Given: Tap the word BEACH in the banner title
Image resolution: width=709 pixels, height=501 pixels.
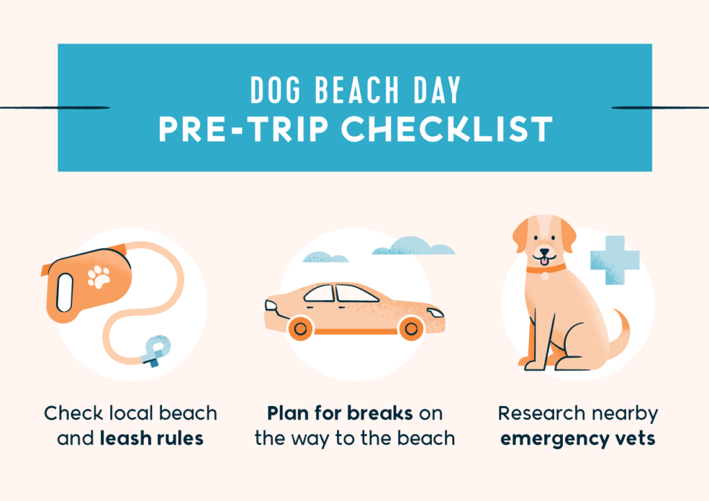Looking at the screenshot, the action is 357,89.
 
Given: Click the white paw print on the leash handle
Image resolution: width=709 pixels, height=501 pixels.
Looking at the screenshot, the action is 98,276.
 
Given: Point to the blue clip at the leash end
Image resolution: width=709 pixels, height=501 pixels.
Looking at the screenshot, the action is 156,351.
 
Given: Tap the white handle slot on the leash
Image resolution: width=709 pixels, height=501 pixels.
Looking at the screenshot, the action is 64,292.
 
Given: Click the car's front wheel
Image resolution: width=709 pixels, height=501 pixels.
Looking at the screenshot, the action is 411,328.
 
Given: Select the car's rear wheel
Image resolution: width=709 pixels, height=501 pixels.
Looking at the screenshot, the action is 300,328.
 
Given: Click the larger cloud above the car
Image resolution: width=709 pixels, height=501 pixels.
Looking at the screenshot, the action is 413,246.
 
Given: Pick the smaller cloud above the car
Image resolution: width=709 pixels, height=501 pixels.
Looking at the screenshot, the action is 325,258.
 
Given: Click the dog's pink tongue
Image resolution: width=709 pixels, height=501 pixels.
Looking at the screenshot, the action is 544,261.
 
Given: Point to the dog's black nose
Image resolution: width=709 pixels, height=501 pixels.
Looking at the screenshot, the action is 544,252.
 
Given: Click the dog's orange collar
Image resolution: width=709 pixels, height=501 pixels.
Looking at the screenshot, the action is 546,270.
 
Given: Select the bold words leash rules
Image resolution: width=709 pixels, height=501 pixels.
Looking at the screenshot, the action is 152,438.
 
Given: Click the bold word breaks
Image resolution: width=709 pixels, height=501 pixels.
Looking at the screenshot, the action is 380,413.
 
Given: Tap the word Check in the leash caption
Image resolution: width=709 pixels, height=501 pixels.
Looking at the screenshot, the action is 73,413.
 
